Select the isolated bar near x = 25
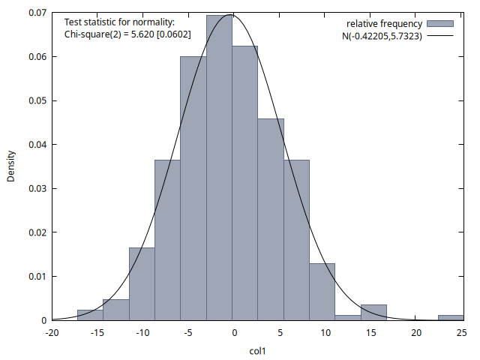451,317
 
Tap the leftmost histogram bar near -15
90,315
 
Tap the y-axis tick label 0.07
36,13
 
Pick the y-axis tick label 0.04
36,144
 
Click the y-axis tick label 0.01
36,276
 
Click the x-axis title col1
258,349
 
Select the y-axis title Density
11,166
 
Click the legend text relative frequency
384,23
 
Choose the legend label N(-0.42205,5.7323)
381,35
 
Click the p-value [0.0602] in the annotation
172,34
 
